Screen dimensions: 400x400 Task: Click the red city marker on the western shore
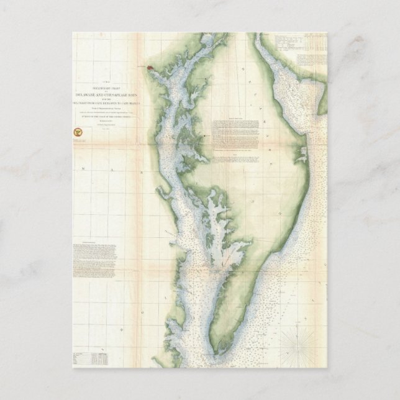tap(150, 68)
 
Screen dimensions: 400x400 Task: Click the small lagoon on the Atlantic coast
tap(302, 152)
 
